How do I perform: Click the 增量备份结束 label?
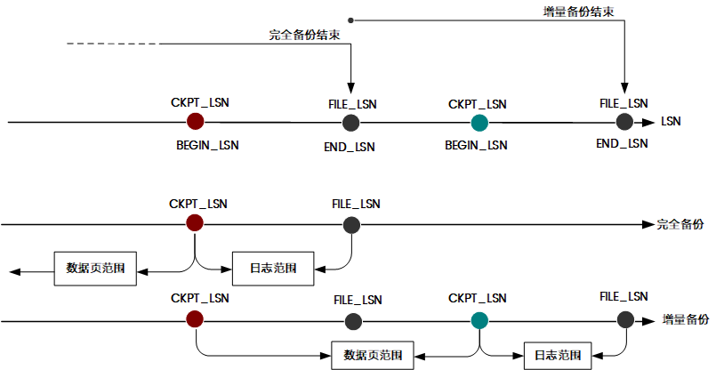[x=578, y=12]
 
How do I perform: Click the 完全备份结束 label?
[x=304, y=36]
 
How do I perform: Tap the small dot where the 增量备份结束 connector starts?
[x=350, y=20]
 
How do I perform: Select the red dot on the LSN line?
[x=196, y=122]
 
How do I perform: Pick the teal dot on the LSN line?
[x=479, y=123]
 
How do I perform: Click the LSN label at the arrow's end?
[x=671, y=122]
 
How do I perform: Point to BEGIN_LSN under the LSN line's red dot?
[x=208, y=145]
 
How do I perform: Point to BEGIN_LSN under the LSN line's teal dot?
[x=476, y=145]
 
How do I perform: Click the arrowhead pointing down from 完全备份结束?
[x=350, y=88]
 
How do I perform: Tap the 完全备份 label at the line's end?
[x=680, y=224]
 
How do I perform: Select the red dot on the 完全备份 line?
[x=195, y=223]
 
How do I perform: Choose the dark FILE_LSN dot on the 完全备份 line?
[x=351, y=225]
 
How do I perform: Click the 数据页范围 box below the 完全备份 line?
[x=95, y=269]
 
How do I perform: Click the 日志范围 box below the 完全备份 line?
[x=273, y=269]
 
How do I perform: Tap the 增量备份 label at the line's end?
[x=686, y=320]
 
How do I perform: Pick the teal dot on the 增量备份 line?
[x=479, y=321]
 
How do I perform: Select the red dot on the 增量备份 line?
[x=195, y=318]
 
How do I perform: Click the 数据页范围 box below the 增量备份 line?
[x=373, y=355]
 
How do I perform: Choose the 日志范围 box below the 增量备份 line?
[x=558, y=356]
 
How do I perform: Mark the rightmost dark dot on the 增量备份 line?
[x=625, y=320]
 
